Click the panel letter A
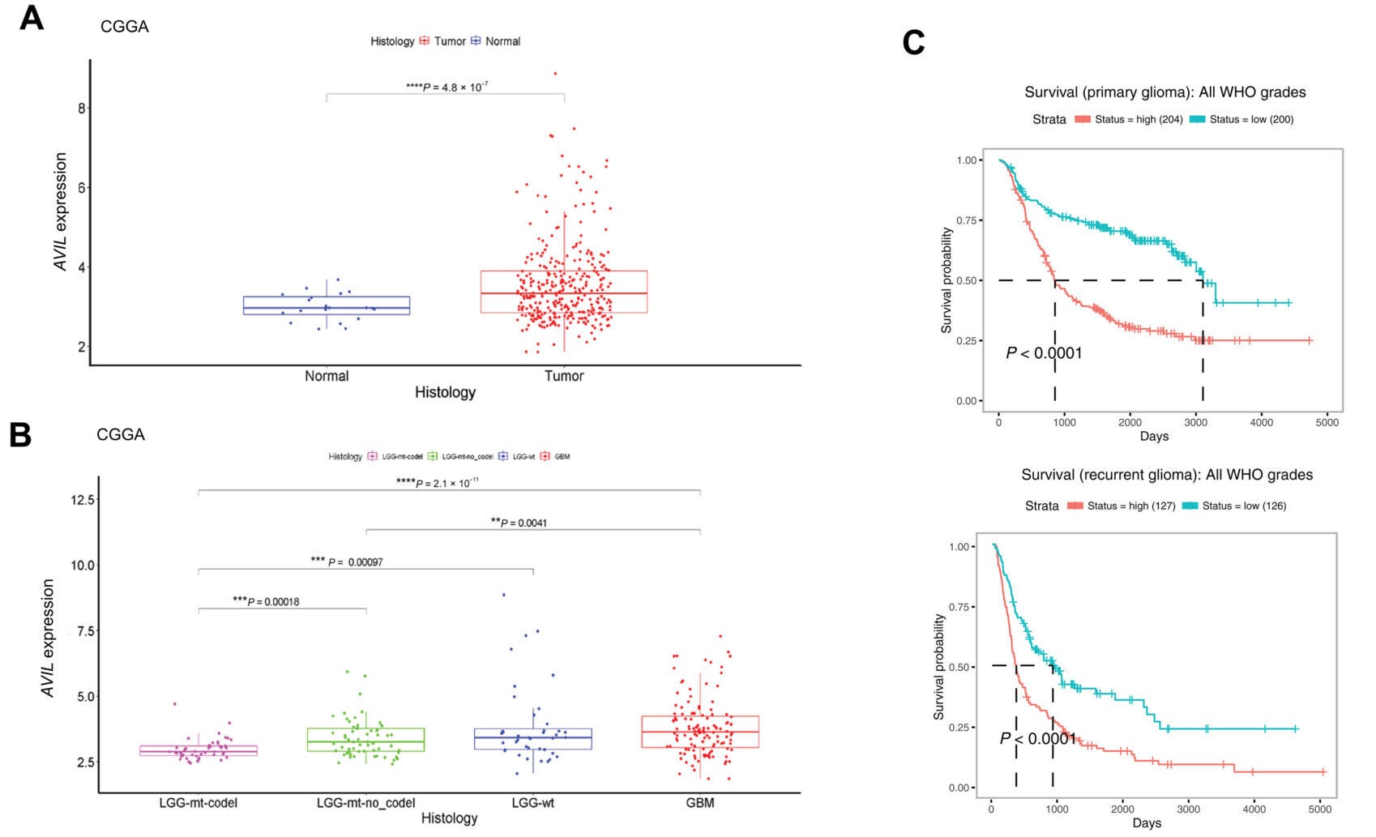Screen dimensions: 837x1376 (x=31, y=18)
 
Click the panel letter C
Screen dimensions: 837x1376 (x=913, y=43)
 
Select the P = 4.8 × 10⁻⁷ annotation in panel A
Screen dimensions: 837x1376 (x=447, y=87)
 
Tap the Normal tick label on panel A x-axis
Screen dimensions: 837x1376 (x=327, y=376)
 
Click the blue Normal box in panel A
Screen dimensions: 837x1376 (x=327, y=305)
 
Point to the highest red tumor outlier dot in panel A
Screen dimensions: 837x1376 (x=555, y=74)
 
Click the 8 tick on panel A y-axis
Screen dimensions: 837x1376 (x=81, y=108)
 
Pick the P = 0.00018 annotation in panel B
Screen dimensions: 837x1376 (x=266, y=601)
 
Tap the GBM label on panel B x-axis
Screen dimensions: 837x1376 (x=700, y=803)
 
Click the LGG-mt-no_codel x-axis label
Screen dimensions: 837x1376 (x=365, y=803)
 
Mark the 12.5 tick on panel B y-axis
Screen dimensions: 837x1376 (x=83, y=500)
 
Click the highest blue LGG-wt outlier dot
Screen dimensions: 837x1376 (x=503, y=595)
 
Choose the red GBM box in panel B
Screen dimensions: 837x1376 (x=700, y=732)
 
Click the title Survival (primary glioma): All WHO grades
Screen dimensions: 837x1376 (x=1164, y=92)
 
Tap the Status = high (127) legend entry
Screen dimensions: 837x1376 (x=1122, y=506)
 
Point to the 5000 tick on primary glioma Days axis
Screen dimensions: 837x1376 (x=1327, y=422)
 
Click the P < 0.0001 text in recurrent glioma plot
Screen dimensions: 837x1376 (x=1037, y=738)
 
